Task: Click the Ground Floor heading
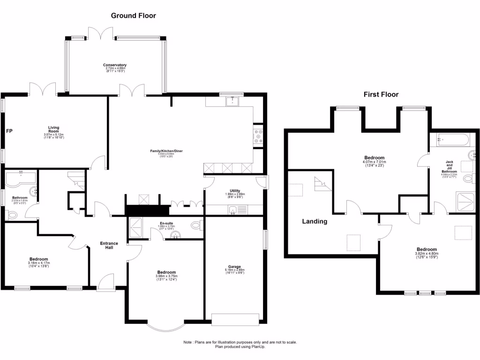[133, 15]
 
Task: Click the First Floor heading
[381, 94]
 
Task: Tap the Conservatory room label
[115, 67]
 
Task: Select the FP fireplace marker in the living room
[9, 131]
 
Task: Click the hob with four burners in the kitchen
[258, 136]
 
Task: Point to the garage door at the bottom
[235, 319]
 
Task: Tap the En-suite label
[166, 224]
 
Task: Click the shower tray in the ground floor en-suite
[136, 227]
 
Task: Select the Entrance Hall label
[109, 246]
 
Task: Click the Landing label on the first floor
[314, 221]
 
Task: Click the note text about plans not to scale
[240, 345]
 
